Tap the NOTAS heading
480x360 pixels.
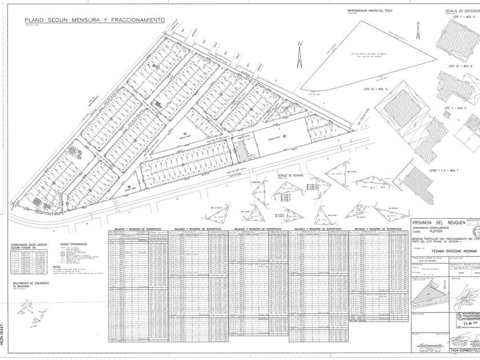coord(57,266)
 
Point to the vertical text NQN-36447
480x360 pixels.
coord(3,338)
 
